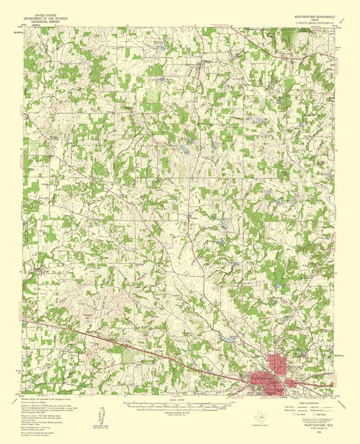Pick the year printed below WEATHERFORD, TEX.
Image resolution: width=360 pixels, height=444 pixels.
[x=310, y=430]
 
